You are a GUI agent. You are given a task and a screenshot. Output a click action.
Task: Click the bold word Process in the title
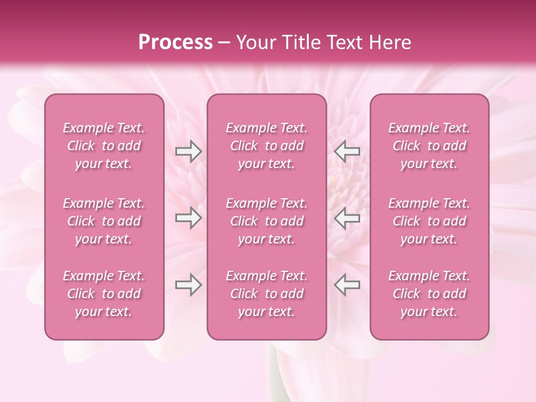pyautogui.click(x=175, y=42)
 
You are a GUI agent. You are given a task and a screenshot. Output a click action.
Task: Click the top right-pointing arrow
pyautogui.click(x=188, y=151)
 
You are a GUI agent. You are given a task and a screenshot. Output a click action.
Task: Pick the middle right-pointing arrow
pyautogui.click(x=188, y=218)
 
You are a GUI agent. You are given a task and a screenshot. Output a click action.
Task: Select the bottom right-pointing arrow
pyautogui.click(x=188, y=285)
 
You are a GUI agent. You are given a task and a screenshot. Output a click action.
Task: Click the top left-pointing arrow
pyautogui.click(x=347, y=151)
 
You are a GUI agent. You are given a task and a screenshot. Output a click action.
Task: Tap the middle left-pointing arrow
pyautogui.click(x=347, y=218)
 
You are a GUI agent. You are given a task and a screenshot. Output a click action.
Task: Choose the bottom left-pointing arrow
pyautogui.click(x=347, y=285)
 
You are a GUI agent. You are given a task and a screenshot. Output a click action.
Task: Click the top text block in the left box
pyautogui.click(x=104, y=146)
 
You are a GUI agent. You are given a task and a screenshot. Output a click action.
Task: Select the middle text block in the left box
pyautogui.click(x=104, y=221)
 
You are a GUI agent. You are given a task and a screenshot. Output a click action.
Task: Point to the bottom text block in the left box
pyautogui.click(x=104, y=294)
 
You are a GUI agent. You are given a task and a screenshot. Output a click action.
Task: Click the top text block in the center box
pyautogui.click(x=266, y=146)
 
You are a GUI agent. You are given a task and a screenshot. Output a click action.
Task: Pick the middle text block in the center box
pyautogui.click(x=266, y=221)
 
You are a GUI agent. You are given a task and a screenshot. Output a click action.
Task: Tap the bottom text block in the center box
pyautogui.click(x=266, y=294)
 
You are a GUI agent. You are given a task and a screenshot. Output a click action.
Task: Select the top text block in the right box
pyautogui.click(x=429, y=146)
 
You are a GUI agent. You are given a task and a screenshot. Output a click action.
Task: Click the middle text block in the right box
pyautogui.click(x=429, y=221)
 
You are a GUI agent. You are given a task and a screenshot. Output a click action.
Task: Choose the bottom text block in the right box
pyautogui.click(x=429, y=294)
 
